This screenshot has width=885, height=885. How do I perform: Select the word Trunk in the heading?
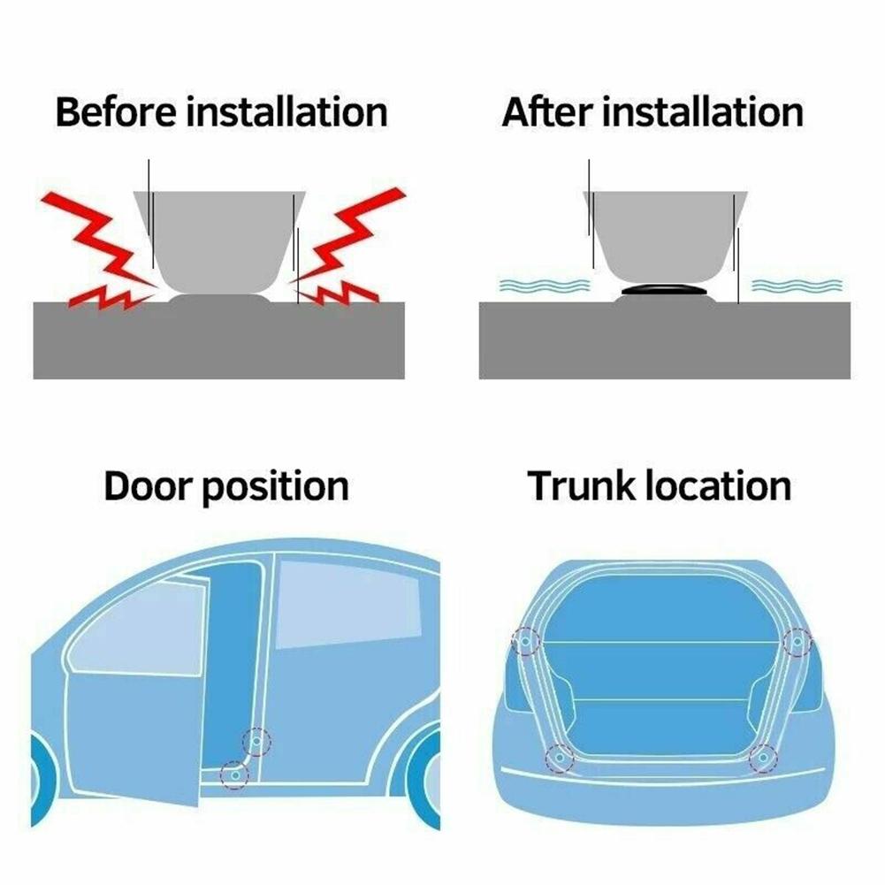click(x=580, y=487)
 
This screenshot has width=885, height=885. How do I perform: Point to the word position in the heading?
click(x=275, y=489)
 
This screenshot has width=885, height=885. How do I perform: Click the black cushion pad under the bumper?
click(x=664, y=290)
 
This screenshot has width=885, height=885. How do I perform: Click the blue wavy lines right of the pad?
click(x=796, y=286)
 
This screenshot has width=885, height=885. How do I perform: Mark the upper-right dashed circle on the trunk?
click(x=797, y=639)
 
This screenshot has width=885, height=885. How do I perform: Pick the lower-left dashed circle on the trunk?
click(x=558, y=757)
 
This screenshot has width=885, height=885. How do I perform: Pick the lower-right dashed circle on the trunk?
click(x=762, y=758)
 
